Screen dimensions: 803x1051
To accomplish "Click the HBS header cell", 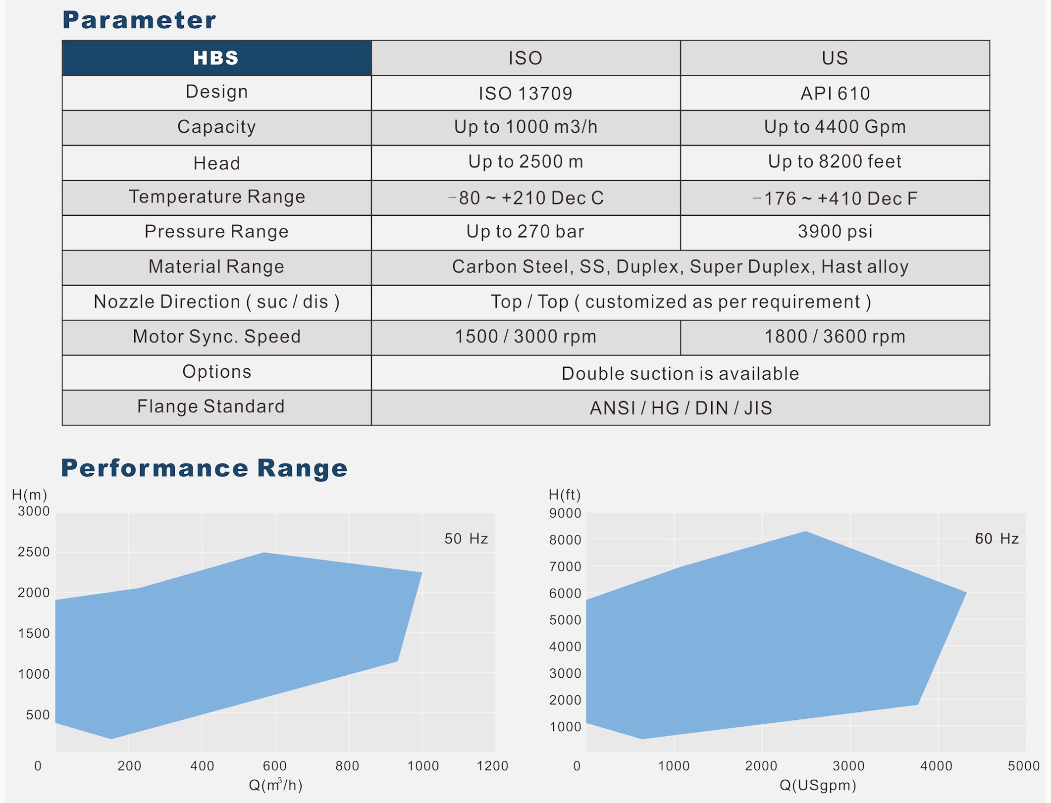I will (216, 58).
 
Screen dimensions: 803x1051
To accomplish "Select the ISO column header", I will (525, 58).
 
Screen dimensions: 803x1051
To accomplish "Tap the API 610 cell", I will (835, 93).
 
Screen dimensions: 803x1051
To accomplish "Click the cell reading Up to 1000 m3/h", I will (525, 127).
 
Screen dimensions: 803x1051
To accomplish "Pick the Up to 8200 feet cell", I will (835, 162).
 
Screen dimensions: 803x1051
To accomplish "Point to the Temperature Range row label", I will (217, 197).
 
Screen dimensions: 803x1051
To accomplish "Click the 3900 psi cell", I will (835, 232).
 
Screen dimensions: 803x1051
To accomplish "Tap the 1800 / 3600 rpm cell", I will (835, 337).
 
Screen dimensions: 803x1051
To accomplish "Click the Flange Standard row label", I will (211, 406).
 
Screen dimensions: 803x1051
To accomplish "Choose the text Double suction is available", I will (680, 374).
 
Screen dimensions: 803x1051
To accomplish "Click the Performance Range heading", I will (204, 468).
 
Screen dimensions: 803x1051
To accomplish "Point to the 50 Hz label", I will (466, 539).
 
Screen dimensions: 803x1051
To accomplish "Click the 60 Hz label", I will (997, 539).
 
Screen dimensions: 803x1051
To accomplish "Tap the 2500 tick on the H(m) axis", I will (34, 552).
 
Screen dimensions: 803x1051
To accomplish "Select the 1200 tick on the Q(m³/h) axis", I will (492, 766).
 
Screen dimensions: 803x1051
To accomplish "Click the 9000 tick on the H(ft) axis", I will (565, 513).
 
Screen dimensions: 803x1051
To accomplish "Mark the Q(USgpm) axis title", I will (818, 785).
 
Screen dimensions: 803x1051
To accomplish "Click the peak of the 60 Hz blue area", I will (805, 532).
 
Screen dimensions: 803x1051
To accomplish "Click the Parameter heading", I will (139, 20).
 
